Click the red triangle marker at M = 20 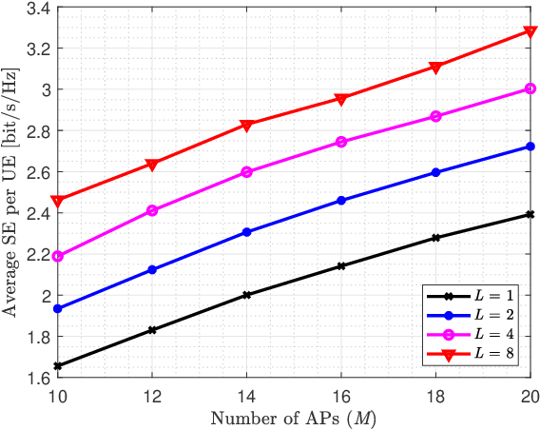(x=530, y=32)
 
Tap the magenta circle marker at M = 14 (x=247, y=172)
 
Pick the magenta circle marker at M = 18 (x=435, y=116)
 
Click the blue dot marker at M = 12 (x=152, y=270)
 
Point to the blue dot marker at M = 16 (x=341, y=201)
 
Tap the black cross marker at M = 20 (x=530, y=214)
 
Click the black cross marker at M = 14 (x=247, y=295)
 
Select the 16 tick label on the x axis (x=341, y=394)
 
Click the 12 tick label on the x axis (x=152, y=394)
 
